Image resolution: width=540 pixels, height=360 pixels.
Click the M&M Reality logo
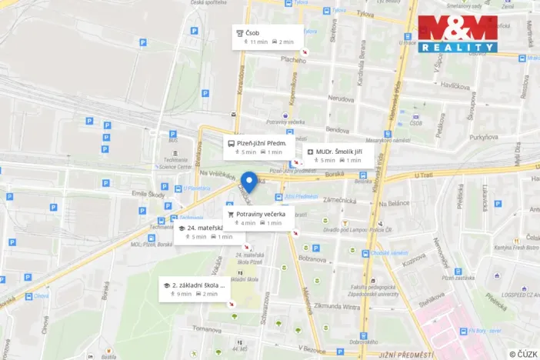tap(457, 34)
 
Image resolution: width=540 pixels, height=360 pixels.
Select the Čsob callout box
tap(265, 37)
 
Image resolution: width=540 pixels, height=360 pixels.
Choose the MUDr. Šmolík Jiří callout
tap(338, 156)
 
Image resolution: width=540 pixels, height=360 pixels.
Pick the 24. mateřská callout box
tap(202, 232)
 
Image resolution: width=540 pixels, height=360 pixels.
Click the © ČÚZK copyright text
tap(523, 354)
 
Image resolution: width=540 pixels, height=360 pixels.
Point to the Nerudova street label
tap(341, 98)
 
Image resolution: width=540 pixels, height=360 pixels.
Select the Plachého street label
tap(293, 59)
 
